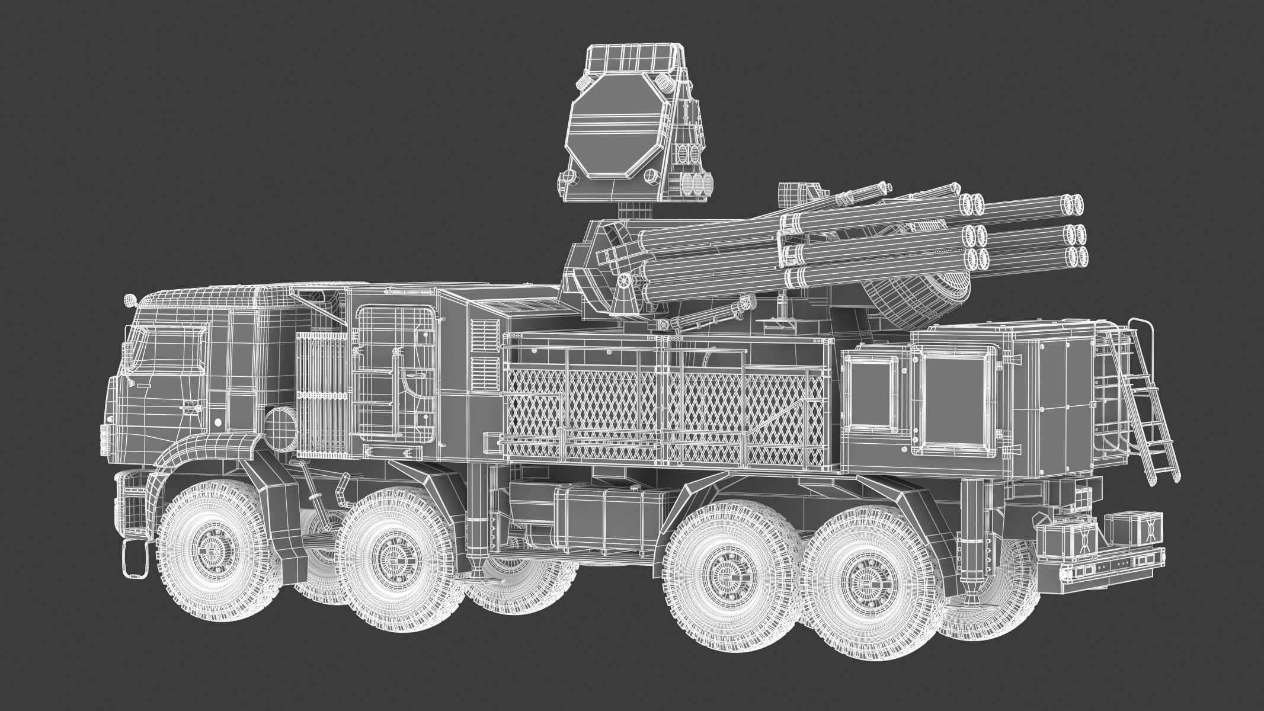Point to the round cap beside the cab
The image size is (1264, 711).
279,426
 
